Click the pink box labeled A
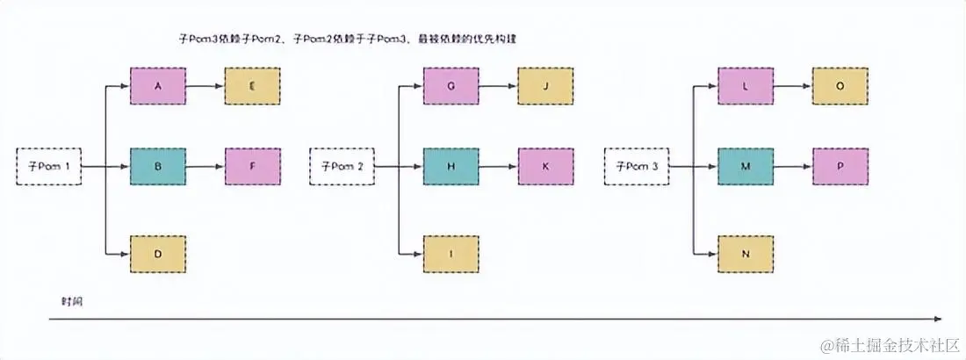coord(157,86)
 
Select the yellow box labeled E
coord(252,86)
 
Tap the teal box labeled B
coord(157,166)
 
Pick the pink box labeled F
coord(252,166)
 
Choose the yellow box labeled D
coord(157,254)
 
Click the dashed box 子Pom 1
coord(49,166)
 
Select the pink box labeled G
coord(451,86)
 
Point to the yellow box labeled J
coord(545,86)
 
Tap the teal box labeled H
coord(451,166)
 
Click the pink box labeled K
coord(545,166)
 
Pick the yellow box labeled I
coord(451,254)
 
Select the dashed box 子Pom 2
coord(342,166)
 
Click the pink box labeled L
coord(746,86)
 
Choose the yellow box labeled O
coord(840,86)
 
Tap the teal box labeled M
coord(746,166)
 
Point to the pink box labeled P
coord(840,166)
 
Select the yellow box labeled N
coord(746,254)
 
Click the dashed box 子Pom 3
coord(637,166)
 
